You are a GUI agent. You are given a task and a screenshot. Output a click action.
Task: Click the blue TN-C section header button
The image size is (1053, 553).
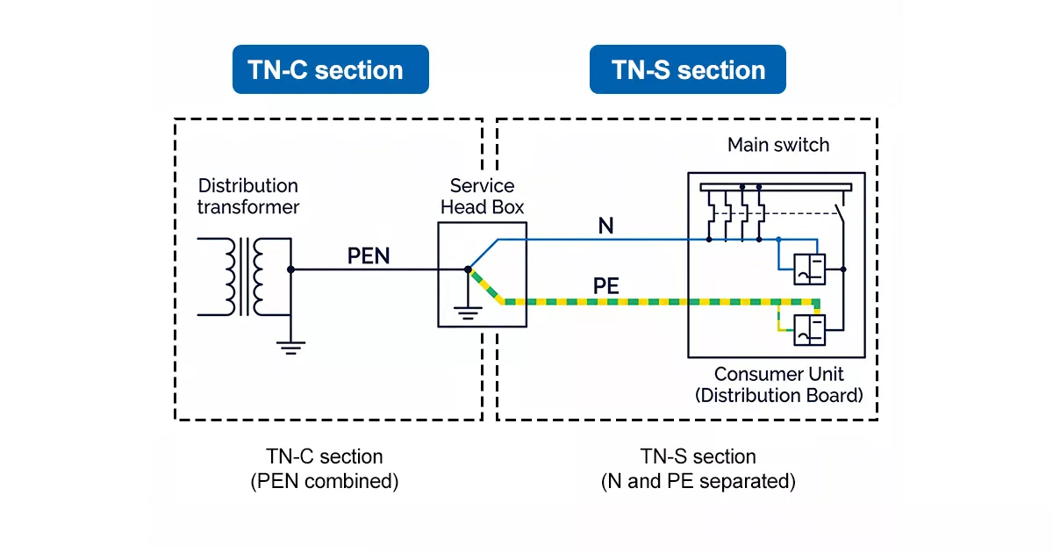tap(330, 70)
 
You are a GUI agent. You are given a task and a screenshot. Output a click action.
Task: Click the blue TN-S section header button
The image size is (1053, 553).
tap(687, 70)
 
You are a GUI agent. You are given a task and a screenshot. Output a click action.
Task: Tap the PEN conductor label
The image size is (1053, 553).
tap(369, 255)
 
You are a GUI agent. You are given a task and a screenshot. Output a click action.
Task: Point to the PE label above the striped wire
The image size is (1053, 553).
tap(606, 286)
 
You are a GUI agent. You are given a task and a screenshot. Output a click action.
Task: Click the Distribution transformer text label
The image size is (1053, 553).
tap(247, 197)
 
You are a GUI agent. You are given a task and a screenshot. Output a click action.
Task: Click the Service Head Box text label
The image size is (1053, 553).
tap(482, 197)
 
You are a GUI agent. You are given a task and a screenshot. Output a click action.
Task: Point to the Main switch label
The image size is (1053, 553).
tap(777, 145)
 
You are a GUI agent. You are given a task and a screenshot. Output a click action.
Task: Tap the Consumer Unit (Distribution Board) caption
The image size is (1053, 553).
tap(778, 384)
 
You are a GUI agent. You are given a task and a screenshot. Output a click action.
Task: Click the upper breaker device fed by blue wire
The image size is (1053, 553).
tap(808, 269)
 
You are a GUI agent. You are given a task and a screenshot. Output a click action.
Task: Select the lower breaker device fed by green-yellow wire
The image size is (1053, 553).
tap(808, 330)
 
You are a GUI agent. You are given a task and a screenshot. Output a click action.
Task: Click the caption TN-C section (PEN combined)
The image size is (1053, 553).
tap(325, 469)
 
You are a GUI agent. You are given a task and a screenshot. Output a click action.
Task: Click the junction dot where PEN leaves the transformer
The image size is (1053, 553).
tap(290, 269)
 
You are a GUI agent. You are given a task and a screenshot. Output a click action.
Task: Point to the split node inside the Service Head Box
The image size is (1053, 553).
tap(469, 269)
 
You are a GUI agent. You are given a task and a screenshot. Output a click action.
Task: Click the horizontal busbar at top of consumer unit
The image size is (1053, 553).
tap(776, 187)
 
